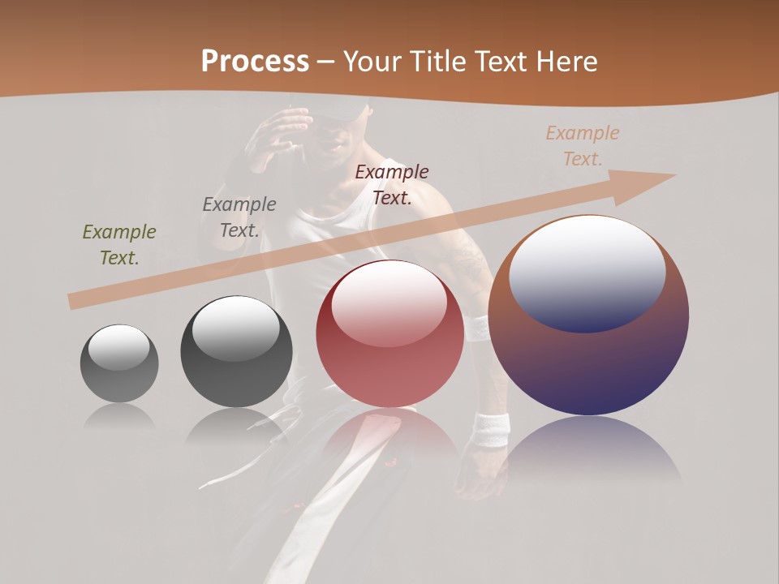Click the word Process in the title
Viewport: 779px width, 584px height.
255,62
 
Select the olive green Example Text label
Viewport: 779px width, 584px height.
119,245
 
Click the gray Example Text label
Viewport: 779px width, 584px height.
239,217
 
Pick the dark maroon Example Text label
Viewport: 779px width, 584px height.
392,184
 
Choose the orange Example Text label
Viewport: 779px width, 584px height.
583,146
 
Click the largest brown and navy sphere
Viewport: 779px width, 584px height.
588,365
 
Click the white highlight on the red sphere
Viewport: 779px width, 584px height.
389,305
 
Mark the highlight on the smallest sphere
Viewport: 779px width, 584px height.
119,347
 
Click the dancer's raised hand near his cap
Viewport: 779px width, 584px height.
280,134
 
